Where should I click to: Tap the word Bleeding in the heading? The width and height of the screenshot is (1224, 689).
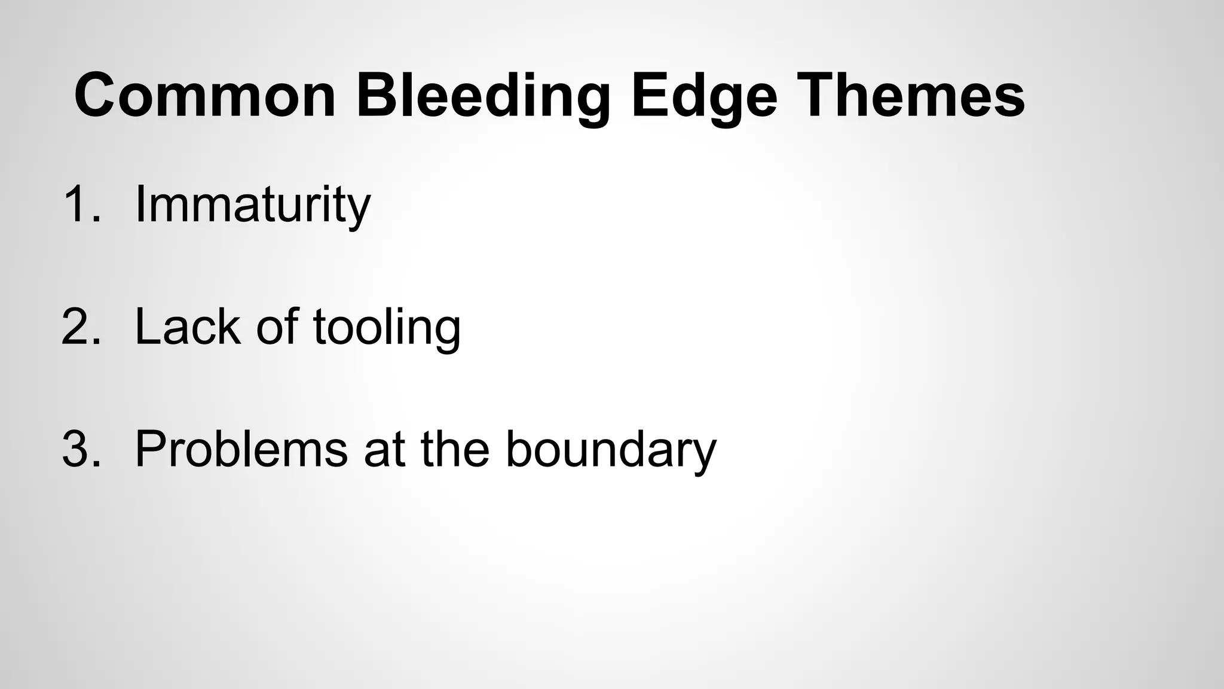[x=484, y=96]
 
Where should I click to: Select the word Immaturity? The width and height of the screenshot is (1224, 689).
[x=253, y=205]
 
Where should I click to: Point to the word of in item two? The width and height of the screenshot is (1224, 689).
[x=277, y=327]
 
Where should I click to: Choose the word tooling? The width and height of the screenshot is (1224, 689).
[x=387, y=327]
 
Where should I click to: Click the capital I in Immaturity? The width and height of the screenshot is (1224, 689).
[x=140, y=205]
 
